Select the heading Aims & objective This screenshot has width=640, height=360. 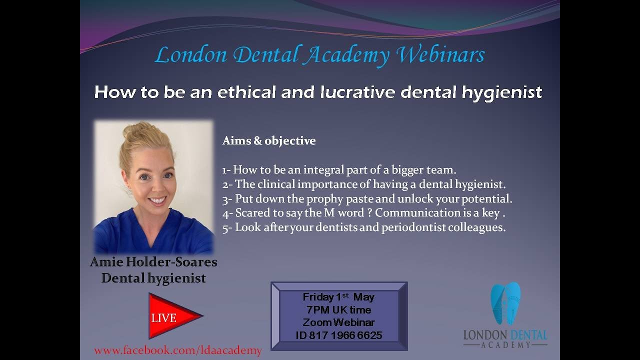[x=269, y=141]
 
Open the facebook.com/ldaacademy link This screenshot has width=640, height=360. [x=178, y=350]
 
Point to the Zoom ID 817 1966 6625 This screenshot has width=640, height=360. [x=339, y=335]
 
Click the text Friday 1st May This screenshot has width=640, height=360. [x=338, y=297]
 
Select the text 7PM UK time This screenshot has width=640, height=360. [x=338, y=310]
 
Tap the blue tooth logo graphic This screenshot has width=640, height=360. [x=505, y=303]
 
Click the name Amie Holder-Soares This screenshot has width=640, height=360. [x=153, y=262]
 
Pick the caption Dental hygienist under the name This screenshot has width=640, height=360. [x=153, y=278]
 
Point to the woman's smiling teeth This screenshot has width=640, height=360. [x=157, y=200]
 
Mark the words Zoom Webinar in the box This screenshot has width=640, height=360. [x=338, y=322]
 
